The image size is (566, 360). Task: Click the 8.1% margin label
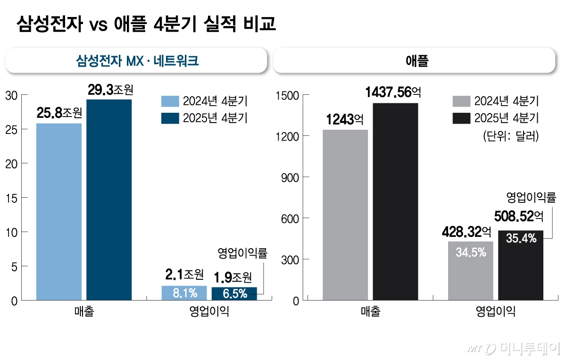pyautogui.click(x=184, y=293)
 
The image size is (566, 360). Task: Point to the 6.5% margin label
pyautogui.click(x=234, y=293)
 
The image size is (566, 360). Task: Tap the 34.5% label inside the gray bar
pyautogui.click(x=471, y=252)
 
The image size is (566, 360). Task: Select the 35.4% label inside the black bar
pyautogui.click(x=521, y=239)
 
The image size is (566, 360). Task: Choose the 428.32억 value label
pyautogui.click(x=467, y=231)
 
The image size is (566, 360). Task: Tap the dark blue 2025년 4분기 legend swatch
pyautogui.click(x=170, y=118)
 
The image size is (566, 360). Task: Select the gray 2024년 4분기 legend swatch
pyautogui.click(x=461, y=101)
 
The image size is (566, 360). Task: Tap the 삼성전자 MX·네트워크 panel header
pyautogui.click(x=137, y=60)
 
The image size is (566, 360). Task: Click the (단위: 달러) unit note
pyautogui.click(x=510, y=136)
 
